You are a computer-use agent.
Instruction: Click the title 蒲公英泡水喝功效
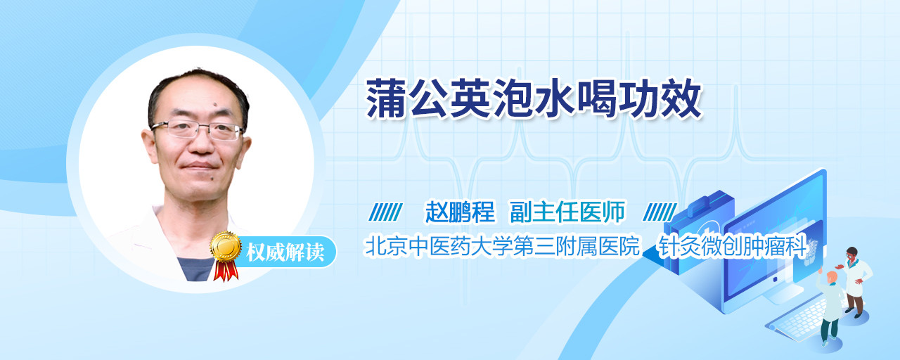(534, 98)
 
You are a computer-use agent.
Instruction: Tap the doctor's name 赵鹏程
(461, 212)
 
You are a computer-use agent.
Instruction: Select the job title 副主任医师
(567, 212)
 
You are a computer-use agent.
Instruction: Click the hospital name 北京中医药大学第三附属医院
(501, 246)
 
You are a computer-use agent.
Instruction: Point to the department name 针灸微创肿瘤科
(732, 246)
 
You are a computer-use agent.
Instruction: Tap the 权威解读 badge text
(285, 252)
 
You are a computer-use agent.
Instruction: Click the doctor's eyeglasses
(198, 129)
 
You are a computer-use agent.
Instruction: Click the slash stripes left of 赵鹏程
(385, 212)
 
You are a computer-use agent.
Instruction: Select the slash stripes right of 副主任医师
(660, 212)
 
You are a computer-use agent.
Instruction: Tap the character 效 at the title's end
(681, 98)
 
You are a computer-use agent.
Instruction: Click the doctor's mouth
(199, 165)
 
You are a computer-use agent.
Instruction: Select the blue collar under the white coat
(196, 269)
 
